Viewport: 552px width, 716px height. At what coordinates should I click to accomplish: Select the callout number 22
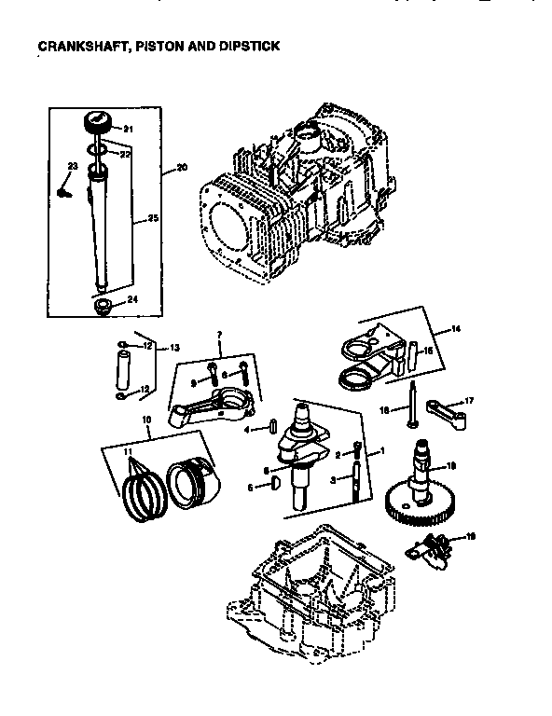click(125, 151)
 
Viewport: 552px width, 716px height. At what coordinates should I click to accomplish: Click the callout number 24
click(132, 299)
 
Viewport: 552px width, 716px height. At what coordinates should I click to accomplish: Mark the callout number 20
click(181, 168)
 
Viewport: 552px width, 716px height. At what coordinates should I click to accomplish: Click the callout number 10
click(146, 420)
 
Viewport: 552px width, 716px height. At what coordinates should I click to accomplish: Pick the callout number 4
click(246, 430)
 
